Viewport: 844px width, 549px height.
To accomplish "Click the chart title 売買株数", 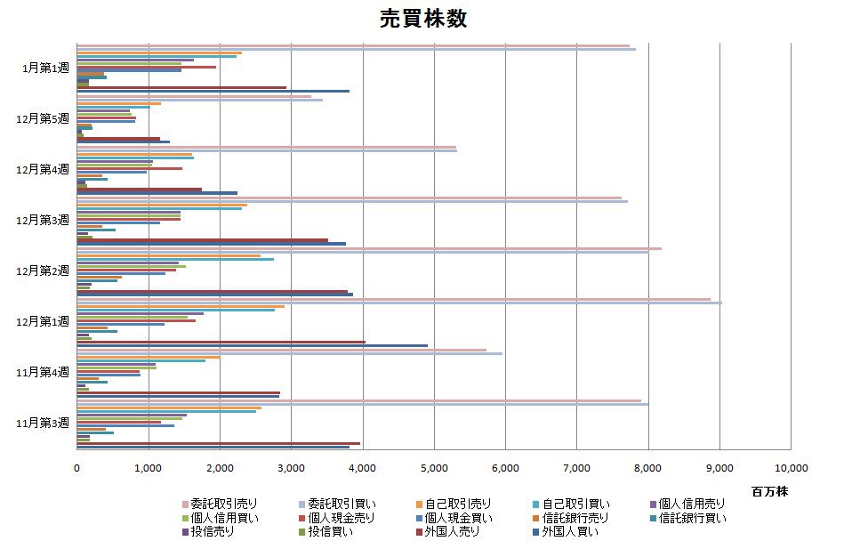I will [422, 19].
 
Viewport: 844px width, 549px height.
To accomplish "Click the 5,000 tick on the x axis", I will [433, 466].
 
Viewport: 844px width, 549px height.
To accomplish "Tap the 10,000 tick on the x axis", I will [791, 466].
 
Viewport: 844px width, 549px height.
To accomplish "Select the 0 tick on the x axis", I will [76, 466].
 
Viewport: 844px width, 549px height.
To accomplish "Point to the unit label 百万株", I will [769, 491].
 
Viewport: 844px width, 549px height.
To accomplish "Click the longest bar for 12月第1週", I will [399, 303].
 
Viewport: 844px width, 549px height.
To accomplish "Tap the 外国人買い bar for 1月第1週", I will [213, 91].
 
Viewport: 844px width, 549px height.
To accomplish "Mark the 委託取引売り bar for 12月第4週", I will [266, 147].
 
